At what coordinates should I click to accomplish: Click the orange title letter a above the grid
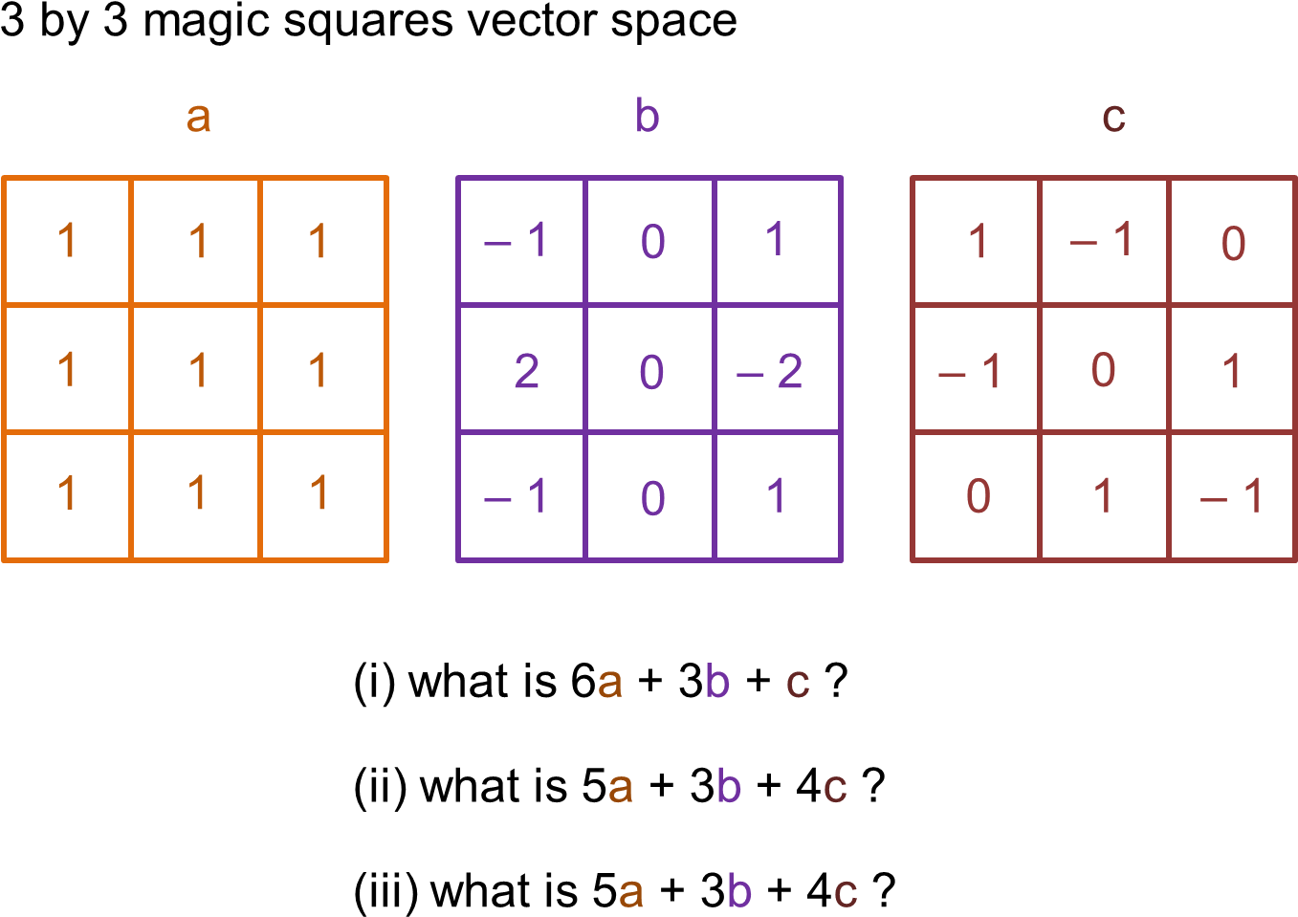pyautogui.click(x=198, y=118)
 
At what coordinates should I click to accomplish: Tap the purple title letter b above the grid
pyautogui.click(x=648, y=117)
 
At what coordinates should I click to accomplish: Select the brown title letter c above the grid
pyautogui.click(x=1113, y=118)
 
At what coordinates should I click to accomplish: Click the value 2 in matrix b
pyautogui.click(x=526, y=371)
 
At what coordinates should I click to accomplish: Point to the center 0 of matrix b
pyautogui.click(x=651, y=371)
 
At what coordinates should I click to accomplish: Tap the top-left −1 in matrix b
pyautogui.click(x=517, y=240)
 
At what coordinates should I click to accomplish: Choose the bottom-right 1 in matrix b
pyautogui.click(x=776, y=495)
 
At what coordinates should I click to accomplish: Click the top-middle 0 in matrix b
pyautogui.click(x=652, y=242)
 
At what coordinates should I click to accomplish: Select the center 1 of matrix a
pyautogui.click(x=198, y=370)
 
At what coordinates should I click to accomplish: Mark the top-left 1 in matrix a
pyautogui.click(x=67, y=241)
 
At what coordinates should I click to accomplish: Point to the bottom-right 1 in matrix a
pyautogui.click(x=319, y=493)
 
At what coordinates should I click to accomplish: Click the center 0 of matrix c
pyautogui.click(x=1103, y=370)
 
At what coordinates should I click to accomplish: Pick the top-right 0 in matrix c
pyautogui.click(x=1233, y=243)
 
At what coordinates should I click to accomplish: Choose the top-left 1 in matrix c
pyautogui.click(x=978, y=242)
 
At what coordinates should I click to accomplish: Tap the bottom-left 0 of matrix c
pyautogui.click(x=978, y=495)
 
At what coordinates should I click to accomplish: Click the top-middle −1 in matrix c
pyautogui.click(x=1102, y=240)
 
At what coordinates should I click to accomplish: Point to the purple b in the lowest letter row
pyautogui.click(x=739, y=891)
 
